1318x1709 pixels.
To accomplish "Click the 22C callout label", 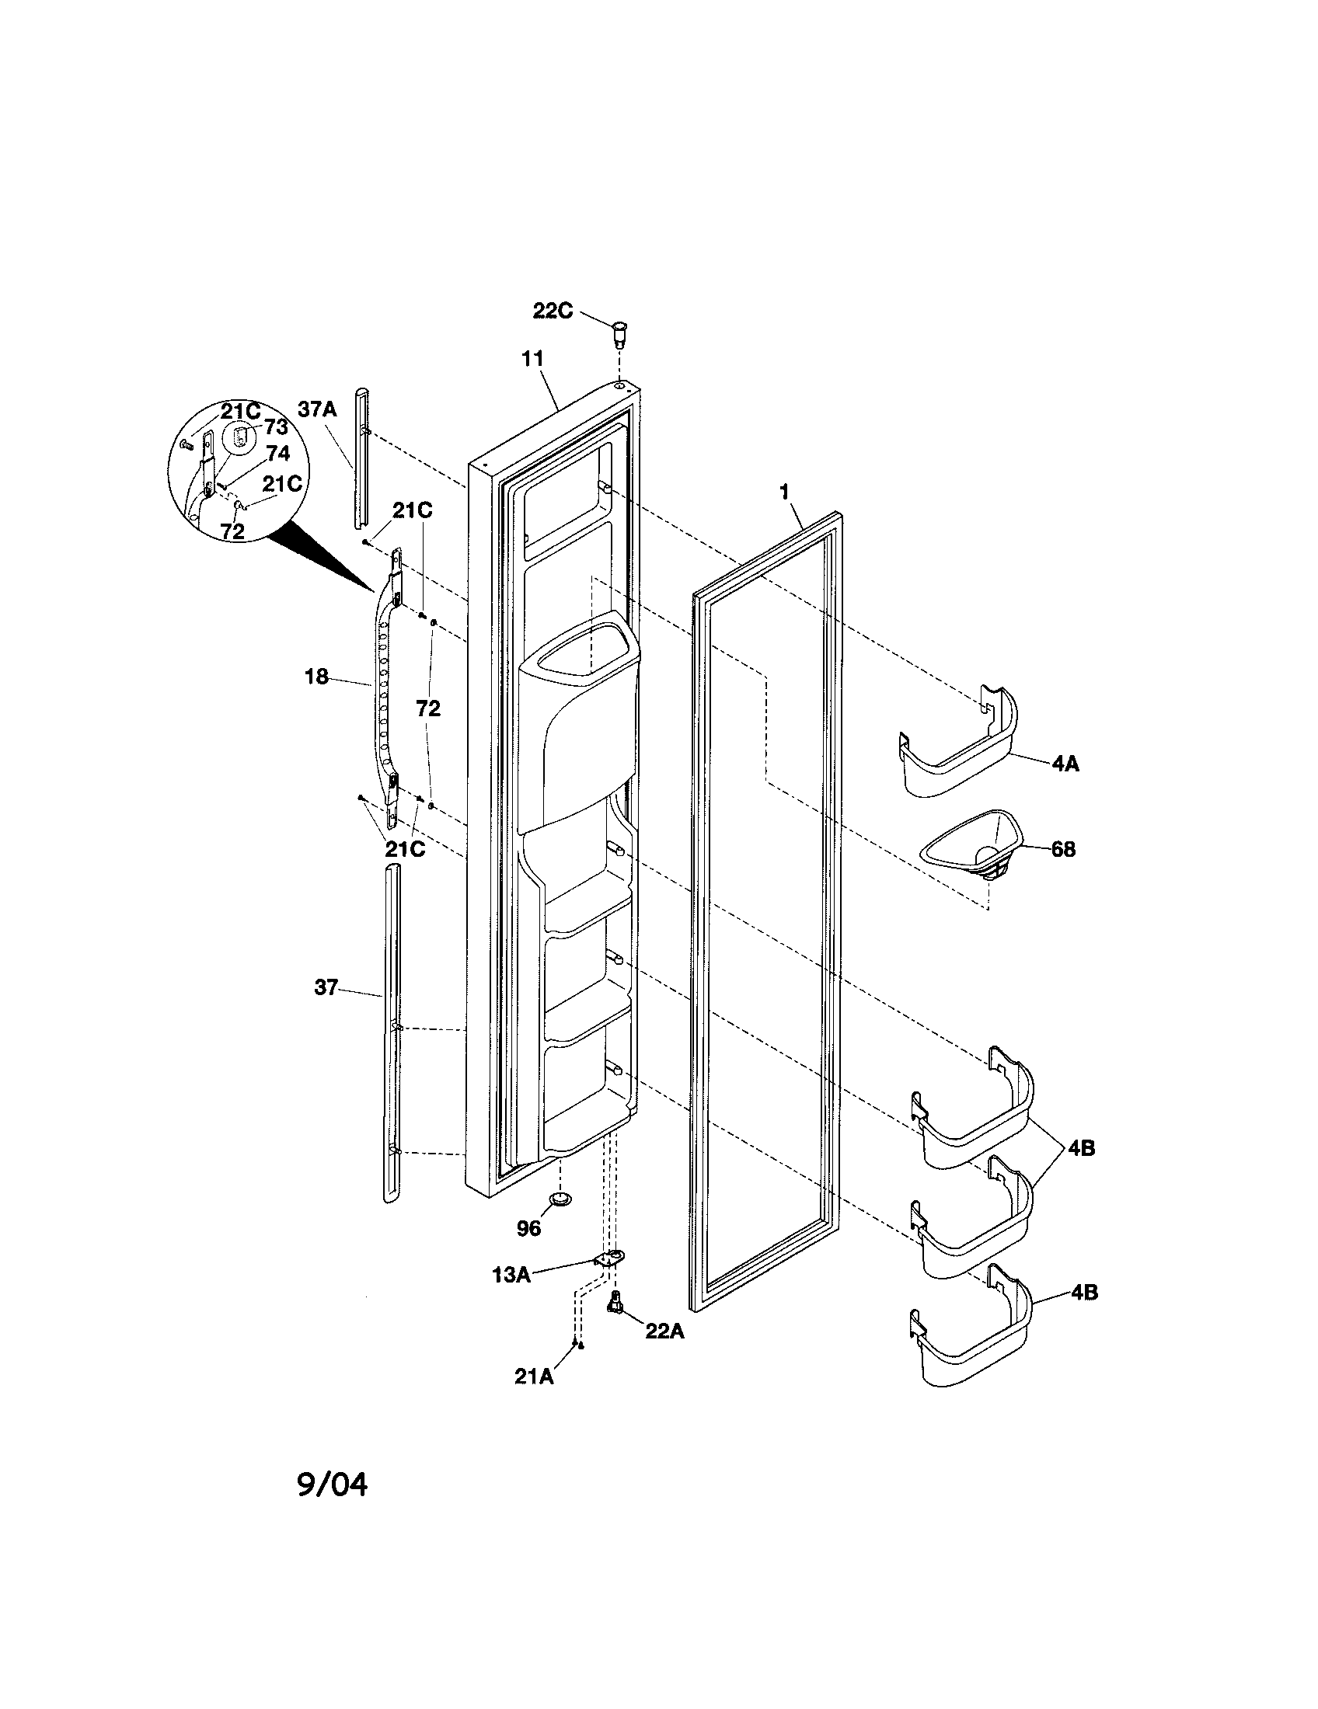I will click(553, 311).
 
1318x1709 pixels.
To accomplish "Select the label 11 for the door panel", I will click(533, 359).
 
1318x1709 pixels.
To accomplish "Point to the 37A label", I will click(317, 409).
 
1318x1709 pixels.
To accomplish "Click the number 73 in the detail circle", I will click(276, 427).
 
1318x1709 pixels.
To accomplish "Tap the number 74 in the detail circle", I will click(277, 453).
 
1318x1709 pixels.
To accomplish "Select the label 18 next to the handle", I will click(316, 677).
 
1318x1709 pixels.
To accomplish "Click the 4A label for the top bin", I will click(1065, 764).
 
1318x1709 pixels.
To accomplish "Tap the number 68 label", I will click(1063, 849).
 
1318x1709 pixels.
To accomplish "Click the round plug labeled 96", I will click(560, 1198).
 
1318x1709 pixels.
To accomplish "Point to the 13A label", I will click(512, 1275).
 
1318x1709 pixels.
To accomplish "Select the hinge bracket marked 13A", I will click(610, 1259).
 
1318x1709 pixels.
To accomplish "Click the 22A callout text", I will click(664, 1330).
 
